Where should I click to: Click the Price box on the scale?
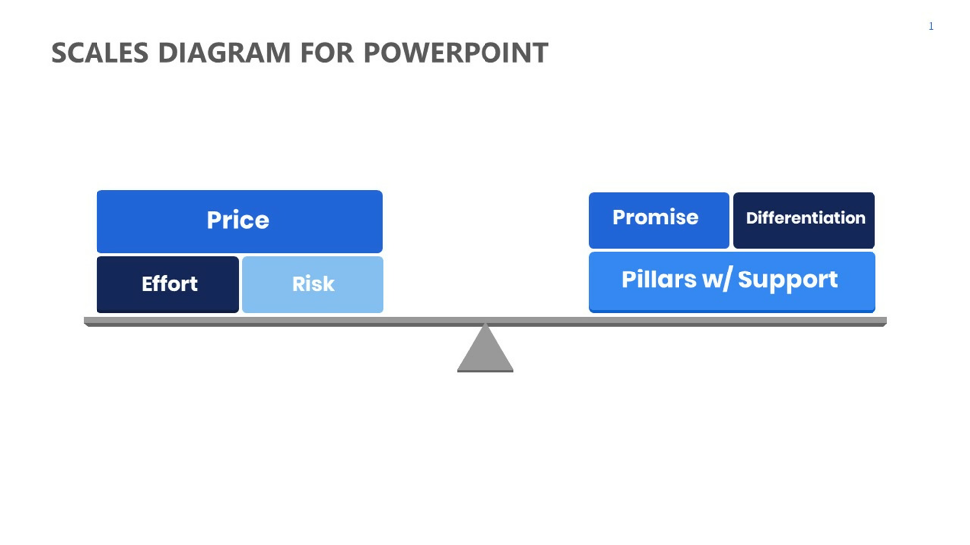pos(240,221)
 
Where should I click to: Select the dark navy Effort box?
pos(167,284)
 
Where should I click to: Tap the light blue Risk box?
pos(312,284)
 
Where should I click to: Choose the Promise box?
pos(659,220)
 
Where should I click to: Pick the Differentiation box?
pos(804,220)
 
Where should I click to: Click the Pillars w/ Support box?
pos(732,281)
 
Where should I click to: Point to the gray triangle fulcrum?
pos(485,348)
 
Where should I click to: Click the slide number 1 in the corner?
pos(931,26)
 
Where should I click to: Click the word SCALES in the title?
pos(99,53)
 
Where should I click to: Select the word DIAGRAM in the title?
pos(224,53)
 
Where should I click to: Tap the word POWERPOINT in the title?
pos(456,53)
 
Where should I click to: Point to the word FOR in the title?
pos(326,53)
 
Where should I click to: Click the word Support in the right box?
pos(788,280)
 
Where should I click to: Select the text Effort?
pos(169,284)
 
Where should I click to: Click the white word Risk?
pos(313,284)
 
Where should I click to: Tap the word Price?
pos(238,220)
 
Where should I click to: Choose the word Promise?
pos(656,217)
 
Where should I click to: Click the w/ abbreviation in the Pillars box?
pos(717,280)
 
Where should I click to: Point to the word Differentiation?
pos(806,218)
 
